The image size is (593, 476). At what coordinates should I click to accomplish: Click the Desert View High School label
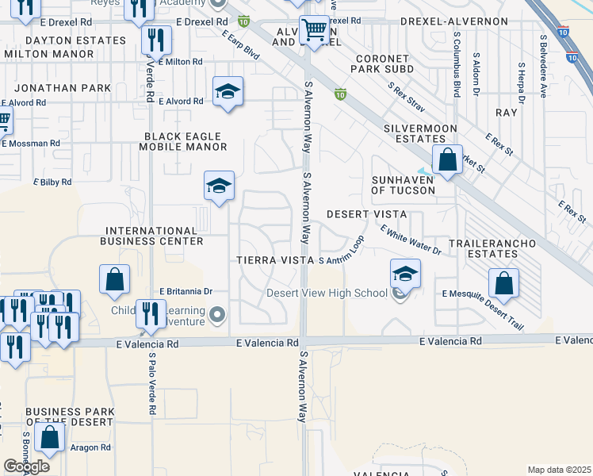[326, 293]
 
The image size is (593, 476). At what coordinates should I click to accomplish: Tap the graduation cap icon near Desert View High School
[405, 274]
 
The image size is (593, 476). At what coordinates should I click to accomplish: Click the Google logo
[26, 466]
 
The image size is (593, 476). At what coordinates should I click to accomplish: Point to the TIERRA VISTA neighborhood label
[275, 260]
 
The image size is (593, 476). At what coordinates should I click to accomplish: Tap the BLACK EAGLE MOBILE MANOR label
[183, 141]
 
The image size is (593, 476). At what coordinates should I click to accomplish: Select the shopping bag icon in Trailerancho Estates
[503, 282]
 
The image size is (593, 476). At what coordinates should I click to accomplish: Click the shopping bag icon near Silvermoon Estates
[448, 159]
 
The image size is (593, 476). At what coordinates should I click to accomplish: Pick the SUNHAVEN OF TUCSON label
[403, 185]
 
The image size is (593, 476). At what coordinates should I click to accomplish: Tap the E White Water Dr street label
[410, 240]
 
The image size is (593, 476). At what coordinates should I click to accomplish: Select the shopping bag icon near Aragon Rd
[49, 436]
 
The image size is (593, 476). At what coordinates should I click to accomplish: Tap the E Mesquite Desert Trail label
[484, 299]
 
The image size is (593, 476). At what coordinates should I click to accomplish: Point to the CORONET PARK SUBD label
[381, 63]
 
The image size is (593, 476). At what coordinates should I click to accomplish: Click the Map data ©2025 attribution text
[558, 470]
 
